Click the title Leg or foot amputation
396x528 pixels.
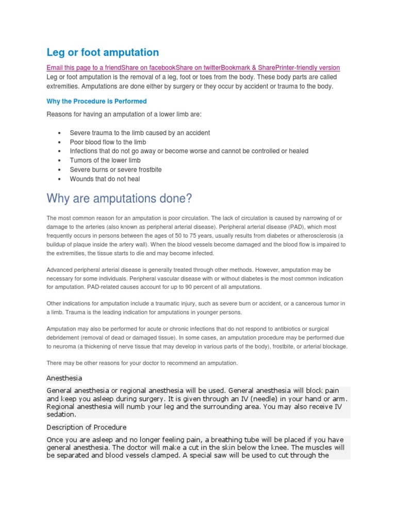103,52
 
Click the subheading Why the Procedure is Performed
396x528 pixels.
96,101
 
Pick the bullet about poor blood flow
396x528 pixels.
108,142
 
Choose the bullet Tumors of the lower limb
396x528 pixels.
105,160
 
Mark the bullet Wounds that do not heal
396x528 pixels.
105,179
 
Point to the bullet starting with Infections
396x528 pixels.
189,151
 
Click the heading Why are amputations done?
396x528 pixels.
119,198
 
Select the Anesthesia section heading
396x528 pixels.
64,378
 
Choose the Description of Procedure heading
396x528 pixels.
86,427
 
